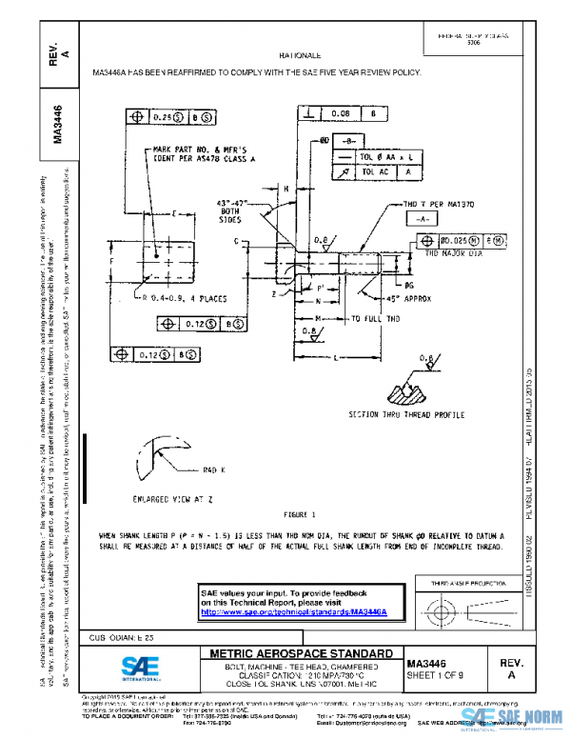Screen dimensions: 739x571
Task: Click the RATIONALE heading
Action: (x=300, y=57)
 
